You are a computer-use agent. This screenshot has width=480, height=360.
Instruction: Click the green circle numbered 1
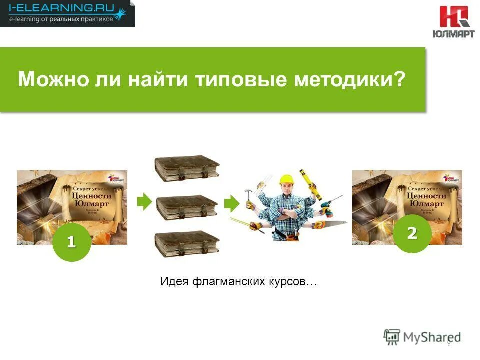pyautogui.click(x=71, y=242)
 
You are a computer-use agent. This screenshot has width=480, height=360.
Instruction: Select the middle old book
pyautogui.click(x=186, y=205)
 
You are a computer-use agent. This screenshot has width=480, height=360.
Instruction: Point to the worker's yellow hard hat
pyautogui.click(x=287, y=179)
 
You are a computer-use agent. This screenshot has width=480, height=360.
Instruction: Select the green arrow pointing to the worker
pyautogui.click(x=231, y=203)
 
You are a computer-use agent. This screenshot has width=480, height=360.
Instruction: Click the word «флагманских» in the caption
pyautogui.click(x=224, y=282)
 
